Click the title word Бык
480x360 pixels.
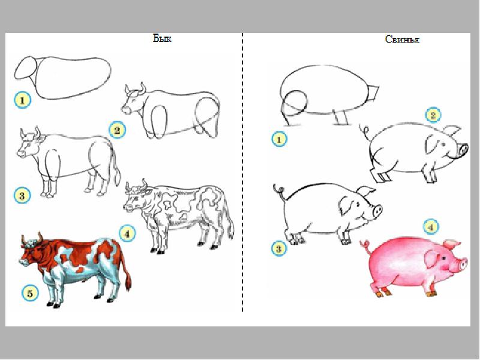162,38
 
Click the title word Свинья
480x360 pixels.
402,39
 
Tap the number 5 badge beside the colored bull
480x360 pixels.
30,293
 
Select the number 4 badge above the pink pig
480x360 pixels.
431,227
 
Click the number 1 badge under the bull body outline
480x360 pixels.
22,100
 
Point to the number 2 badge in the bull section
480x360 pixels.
117,130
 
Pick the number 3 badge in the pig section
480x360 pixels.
279,248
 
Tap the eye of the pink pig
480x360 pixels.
443,259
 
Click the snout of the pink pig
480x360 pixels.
463,264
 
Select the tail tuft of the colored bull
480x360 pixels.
128,281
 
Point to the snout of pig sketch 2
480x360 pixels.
463,151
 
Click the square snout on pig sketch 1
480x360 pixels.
372,92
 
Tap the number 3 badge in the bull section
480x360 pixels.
22,196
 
